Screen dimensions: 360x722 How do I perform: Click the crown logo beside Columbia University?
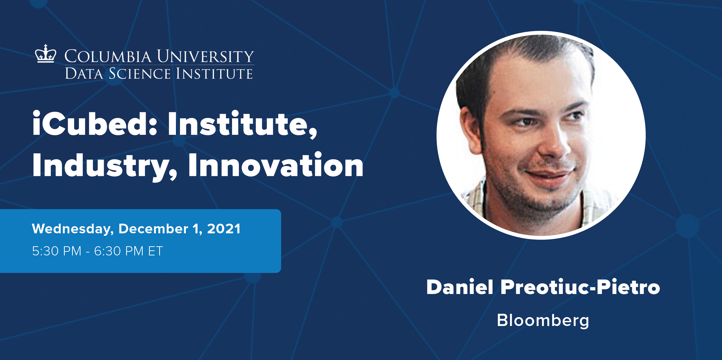point(45,54)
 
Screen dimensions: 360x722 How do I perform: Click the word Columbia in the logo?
point(108,56)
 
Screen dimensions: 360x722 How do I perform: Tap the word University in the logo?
point(205,56)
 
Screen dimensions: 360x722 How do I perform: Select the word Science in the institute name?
point(140,74)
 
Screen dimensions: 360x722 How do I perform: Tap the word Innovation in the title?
point(275,166)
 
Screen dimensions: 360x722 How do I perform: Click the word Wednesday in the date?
point(72,229)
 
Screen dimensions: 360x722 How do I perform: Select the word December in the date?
point(153,229)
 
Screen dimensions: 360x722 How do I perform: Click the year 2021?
point(223,229)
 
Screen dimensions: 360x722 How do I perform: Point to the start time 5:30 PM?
point(57,251)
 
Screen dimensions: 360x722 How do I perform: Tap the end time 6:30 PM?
point(119,251)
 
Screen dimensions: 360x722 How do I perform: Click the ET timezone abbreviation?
point(155,251)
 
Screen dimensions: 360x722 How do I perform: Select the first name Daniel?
point(460,287)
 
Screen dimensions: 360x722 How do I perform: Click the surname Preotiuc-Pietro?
point(580,287)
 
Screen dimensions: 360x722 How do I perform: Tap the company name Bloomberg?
point(543,320)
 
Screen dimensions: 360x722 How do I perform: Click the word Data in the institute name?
point(84,74)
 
